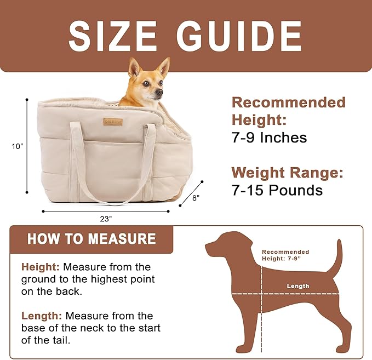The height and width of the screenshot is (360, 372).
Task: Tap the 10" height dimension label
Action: tap(18, 146)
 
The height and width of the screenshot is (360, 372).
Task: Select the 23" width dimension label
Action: tap(106, 218)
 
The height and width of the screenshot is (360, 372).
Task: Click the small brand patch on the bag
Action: tap(113, 121)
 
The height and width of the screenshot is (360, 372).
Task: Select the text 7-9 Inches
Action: tap(269, 138)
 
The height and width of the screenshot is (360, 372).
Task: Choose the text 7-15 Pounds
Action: tap(277, 190)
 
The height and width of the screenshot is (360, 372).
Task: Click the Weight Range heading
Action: tap(287, 173)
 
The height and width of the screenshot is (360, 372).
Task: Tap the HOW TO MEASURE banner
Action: tap(91, 239)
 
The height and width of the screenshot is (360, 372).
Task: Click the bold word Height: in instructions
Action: tap(40, 267)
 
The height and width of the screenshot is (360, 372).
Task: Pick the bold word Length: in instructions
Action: tap(41, 316)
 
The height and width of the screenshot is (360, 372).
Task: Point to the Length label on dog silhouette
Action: tap(298, 286)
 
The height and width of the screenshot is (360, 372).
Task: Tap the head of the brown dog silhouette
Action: tap(222, 244)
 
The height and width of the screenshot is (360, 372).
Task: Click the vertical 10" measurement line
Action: tap(27, 146)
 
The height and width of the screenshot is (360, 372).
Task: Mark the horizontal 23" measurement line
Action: tap(106, 211)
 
